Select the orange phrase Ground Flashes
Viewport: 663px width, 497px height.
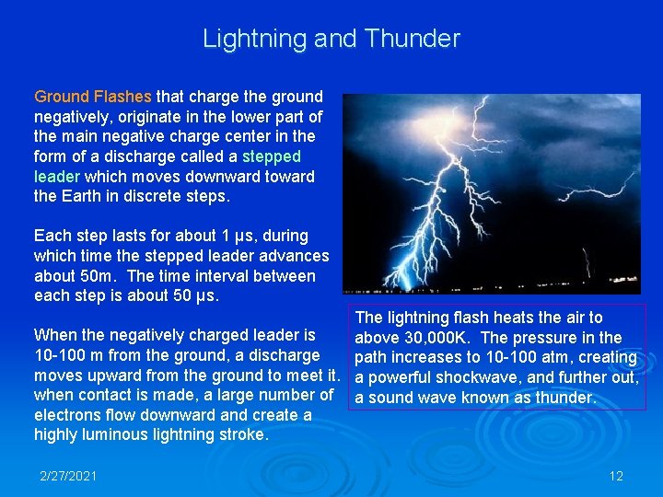pyautogui.click(x=93, y=96)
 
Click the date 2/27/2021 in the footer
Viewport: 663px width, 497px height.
pyautogui.click(x=69, y=476)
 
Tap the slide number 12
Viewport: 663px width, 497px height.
pyautogui.click(x=616, y=476)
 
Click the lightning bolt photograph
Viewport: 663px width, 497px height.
pyautogui.click(x=491, y=193)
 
